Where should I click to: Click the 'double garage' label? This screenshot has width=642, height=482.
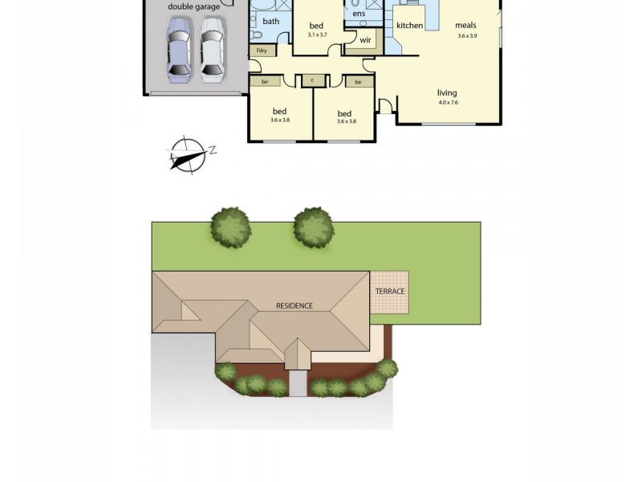click(193, 7)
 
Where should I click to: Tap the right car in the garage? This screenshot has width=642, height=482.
click(211, 51)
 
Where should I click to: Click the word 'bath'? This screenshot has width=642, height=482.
click(270, 21)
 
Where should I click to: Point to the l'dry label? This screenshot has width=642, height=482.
click(262, 51)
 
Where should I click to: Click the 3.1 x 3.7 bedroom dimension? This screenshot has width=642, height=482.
click(317, 35)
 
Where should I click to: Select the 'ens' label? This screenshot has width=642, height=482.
click(359, 14)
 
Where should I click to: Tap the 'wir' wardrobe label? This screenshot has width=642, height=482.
click(365, 39)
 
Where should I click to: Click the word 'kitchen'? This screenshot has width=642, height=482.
click(409, 26)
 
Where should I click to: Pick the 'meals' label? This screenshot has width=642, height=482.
click(466, 26)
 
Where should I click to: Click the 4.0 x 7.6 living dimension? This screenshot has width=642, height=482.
click(447, 103)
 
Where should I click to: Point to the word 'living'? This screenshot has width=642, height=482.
click(447, 92)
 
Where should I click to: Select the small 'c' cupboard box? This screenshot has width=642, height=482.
click(312, 80)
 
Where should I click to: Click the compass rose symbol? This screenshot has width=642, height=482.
click(186, 153)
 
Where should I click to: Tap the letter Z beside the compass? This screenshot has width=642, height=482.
click(213, 149)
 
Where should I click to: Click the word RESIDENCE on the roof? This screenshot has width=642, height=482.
click(294, 306)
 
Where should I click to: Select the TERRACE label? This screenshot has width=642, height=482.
click(388, 291)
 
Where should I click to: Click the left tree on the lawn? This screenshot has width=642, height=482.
click(231, 227)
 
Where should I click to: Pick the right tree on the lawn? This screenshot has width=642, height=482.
click(313, 227)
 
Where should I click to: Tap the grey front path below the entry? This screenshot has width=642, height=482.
click(298, 384)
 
